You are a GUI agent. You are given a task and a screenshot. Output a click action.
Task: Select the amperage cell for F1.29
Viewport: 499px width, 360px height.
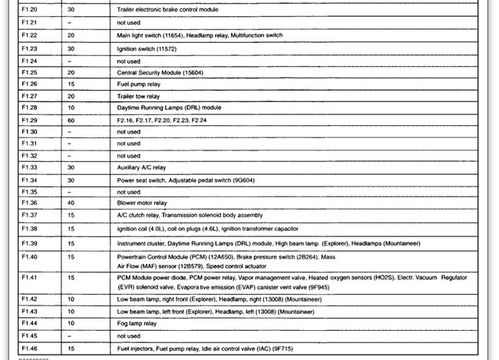click(71, 120)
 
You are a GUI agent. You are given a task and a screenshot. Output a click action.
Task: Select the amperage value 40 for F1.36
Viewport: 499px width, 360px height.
click(71, 203)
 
